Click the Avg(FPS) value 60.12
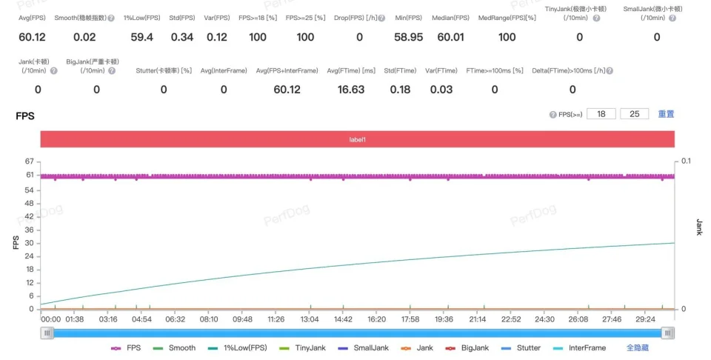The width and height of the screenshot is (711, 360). tap(32, 37)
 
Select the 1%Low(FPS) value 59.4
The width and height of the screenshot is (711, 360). tap(142, 37)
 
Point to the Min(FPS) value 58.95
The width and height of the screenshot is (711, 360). tap(409, 37)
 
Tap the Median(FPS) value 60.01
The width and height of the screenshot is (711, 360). tap(451, 37)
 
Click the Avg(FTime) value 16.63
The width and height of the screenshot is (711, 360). tap(351, 90)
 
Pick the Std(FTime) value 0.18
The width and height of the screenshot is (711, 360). tap(401, 90)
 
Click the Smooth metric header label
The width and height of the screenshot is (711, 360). tap(80, 18)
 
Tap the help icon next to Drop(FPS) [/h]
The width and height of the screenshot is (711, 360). tap(382, 18)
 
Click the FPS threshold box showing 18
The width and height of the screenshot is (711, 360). tap(601, 114)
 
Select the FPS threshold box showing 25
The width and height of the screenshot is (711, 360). tap(635, 114)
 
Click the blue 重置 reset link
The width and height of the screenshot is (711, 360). tap(666, 114)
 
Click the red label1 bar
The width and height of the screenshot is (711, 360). tap(357, 139)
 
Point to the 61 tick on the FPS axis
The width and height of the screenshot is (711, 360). tap(30, 175)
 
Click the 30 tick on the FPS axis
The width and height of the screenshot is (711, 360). tap(30, 243)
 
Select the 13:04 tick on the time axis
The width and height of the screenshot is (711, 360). tap(310, 319)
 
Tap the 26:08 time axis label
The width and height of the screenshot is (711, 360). tap(578, 319)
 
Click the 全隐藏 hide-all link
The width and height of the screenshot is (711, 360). tap(638, 347)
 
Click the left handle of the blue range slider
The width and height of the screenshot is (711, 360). tap(47, 333)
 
